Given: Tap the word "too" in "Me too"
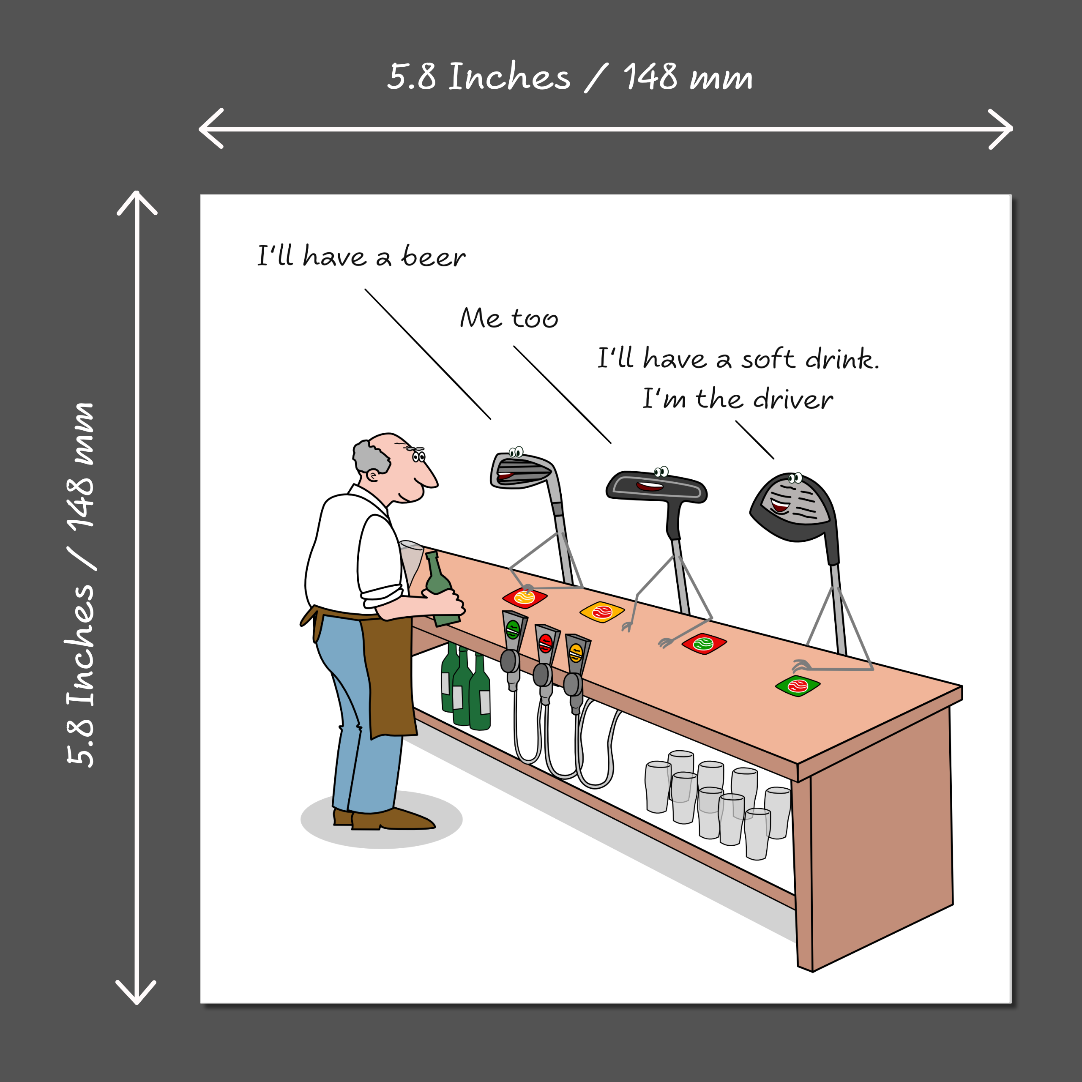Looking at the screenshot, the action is pos(535,318).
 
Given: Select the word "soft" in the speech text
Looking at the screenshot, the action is pos(768,358).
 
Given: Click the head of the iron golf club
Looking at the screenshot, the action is pos(522,470).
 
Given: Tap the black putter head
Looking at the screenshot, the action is pos(656,486).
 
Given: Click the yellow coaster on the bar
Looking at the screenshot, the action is pos(602,612).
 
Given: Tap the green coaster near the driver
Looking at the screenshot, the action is pos(798,686).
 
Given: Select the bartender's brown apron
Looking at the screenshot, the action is pos(370,667).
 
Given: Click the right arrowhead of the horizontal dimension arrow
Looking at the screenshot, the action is pos(1001,129).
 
